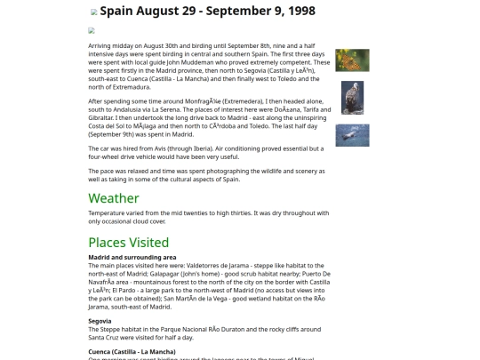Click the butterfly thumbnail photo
tap(352, 60)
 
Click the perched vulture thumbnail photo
tap(352, 97)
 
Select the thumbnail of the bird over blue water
tap(352, 135)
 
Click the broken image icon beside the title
tap(94, 12)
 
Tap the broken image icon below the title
tap(92, 30)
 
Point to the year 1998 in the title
tap(296, 12)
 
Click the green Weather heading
tap(114, 198)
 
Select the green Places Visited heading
tap(128, 242)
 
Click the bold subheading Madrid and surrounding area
tap(132, 257)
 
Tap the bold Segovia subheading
tap(100, 320)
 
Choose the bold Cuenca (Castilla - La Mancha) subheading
tap(132, 351)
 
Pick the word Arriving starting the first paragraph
tap(100, 44)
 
